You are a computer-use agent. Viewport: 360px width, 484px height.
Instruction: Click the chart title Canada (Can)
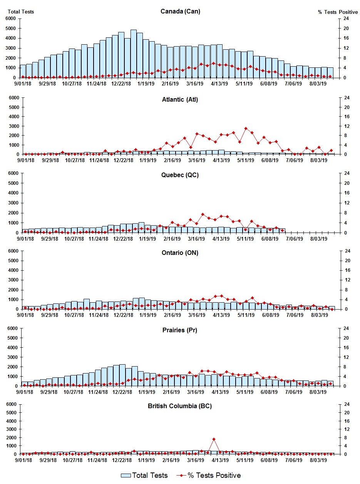180,12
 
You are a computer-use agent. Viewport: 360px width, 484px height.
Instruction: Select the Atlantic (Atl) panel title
180,100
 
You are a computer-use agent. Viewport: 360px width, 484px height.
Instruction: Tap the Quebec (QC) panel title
180,175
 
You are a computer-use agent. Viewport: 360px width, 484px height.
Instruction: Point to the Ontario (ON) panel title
180,253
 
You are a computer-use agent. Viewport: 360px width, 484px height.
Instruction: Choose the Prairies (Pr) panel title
180,330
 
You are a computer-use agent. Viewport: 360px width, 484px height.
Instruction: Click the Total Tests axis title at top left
21,12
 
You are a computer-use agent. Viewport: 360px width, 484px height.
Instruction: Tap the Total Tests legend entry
144,476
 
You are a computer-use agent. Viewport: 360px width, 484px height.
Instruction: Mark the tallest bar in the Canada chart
134,54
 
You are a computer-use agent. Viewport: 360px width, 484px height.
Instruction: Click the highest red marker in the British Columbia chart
214,439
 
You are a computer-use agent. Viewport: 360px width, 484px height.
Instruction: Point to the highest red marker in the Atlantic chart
246,129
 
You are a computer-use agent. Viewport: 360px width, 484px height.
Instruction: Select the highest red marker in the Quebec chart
203,214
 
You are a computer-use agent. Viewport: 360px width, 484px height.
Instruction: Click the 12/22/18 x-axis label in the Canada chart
121,84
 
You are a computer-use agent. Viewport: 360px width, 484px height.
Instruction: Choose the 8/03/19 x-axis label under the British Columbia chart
319,460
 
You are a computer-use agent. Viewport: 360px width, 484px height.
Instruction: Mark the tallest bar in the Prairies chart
122,375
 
